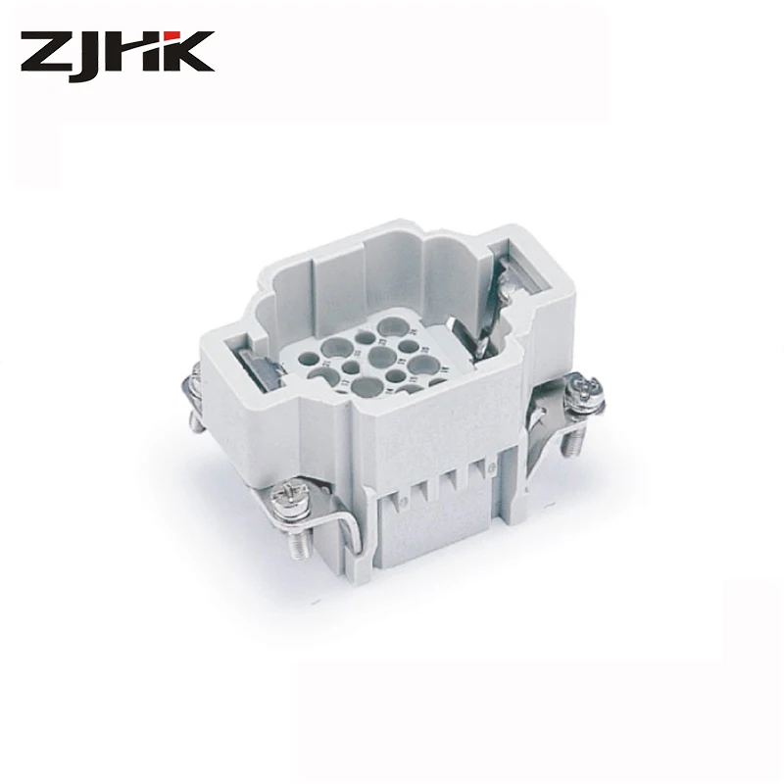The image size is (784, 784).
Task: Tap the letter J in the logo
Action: click(90, 54)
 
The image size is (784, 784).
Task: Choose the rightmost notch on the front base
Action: click(479, 471)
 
